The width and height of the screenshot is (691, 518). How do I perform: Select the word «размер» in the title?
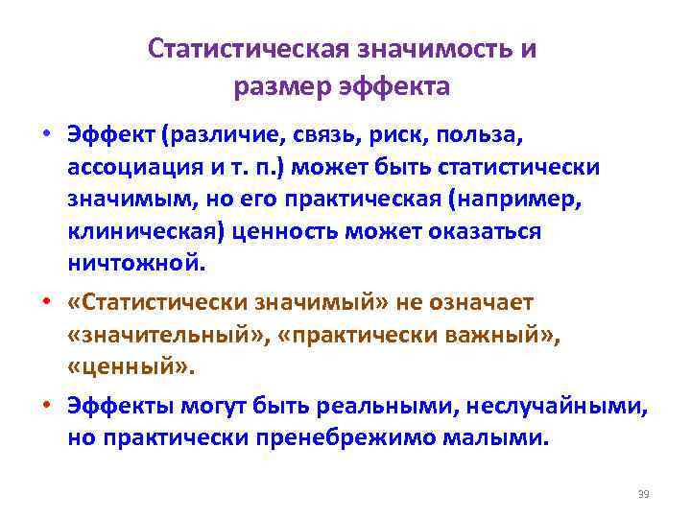[281, 87]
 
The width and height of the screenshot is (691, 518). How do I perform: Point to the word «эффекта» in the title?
[393, 87]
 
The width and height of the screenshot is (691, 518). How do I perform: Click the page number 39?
[643, 494]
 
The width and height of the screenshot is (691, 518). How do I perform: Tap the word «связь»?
[325, 134]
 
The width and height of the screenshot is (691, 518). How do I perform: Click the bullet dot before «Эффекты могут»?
[46, 406]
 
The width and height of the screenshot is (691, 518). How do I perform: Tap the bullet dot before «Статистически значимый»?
[46, 302]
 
